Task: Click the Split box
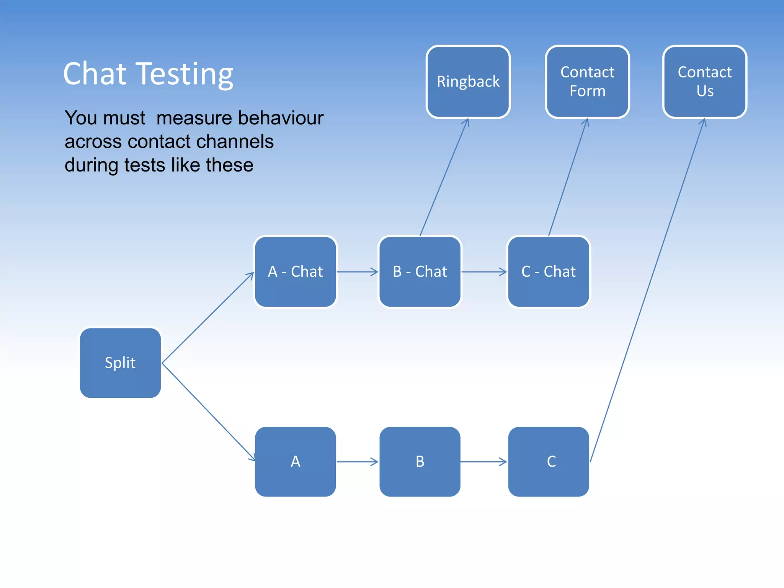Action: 120,363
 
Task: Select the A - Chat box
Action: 296,271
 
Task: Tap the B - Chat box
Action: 420,271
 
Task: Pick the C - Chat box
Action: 549,271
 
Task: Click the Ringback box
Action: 468,82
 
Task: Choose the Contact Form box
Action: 587,82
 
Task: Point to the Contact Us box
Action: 705,82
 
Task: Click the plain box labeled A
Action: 296,462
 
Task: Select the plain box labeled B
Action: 420,462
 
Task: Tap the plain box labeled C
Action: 549,462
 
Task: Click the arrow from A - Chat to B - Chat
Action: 357,272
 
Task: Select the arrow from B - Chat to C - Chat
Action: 484,272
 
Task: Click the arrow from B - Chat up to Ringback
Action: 444,177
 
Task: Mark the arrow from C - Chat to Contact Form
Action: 568,177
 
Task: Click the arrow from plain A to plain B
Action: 357,462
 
